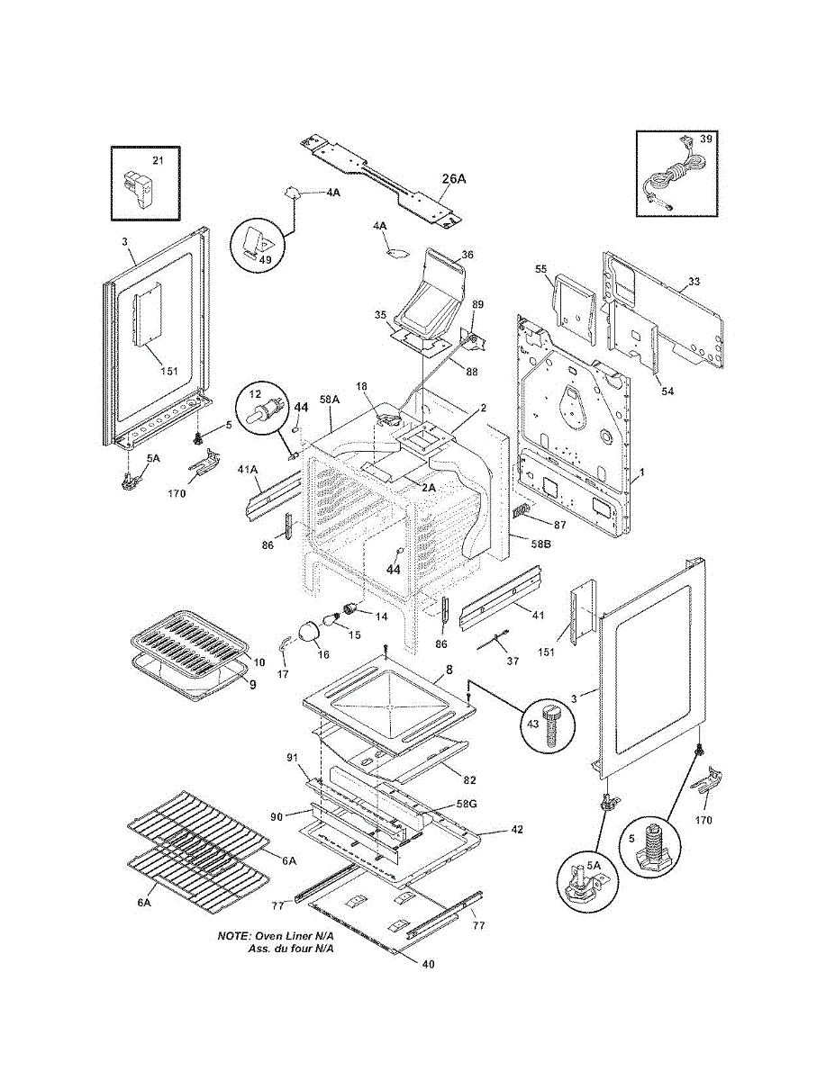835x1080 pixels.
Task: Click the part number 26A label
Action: [x=454, y=179]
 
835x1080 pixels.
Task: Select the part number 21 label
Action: [x=158, y=160]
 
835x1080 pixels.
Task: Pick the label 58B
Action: [x=541, y=544]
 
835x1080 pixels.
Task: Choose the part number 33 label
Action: [x=694, y=282]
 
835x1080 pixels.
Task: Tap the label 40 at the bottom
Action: [x=428, y=978]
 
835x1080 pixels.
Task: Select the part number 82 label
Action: [x=469, y=780]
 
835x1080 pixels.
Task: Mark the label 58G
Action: [x=467, y=804]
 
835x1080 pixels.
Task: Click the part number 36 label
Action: [x=467, y=255]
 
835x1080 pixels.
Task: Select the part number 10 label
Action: [x=259, y=662]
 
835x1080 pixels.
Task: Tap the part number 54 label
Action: [x=667, y=391]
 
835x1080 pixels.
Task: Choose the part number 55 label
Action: [x=541, y=269]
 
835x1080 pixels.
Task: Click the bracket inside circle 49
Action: [x=257, y=242]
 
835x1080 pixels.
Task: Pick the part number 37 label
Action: [x=513, y=661]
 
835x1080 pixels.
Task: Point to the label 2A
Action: [x=428, y=489]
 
